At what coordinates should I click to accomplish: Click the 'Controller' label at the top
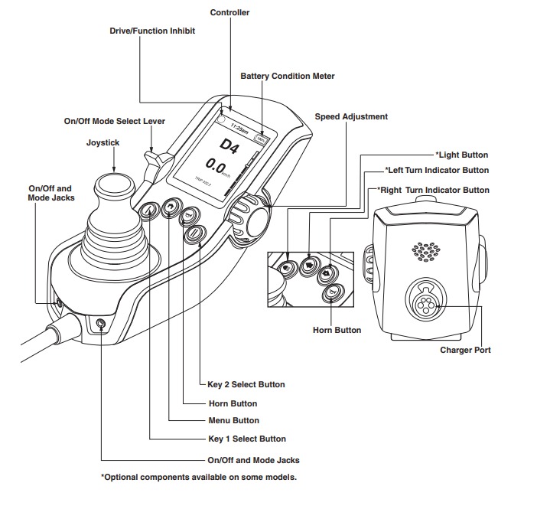(x=230, y=12)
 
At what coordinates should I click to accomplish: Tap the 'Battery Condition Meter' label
(x=287, y=77)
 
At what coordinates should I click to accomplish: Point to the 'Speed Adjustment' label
(x=351, y=117)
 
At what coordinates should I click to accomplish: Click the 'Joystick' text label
(x=103, y=142)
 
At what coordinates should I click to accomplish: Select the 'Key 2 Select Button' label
(x=246, y=385)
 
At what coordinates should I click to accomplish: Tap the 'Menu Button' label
(x=233, y=420)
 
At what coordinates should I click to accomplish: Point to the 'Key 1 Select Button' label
(x=246, y=439)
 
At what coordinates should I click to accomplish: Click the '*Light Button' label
(x=461, y=155)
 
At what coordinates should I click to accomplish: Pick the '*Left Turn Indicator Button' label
(x=436, y=171)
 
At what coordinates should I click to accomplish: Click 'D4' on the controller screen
(x=228, y=144)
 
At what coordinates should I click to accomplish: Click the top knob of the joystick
(x=113, y=187)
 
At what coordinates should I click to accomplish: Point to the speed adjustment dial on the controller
(x=252, y=217)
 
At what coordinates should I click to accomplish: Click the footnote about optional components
(x=198, y=477)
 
